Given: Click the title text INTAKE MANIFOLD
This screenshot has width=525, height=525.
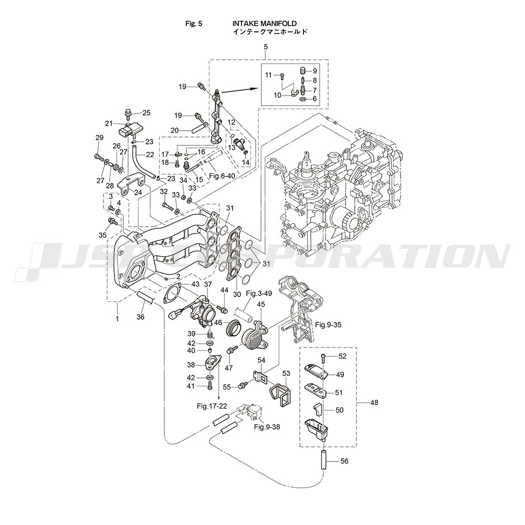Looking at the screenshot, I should coord(265,24).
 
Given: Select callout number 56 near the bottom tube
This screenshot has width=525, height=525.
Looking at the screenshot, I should coord(344,461).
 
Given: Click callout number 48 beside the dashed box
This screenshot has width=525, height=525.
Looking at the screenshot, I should coord(373,403).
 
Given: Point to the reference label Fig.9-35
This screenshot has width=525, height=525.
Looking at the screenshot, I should coord(329,325).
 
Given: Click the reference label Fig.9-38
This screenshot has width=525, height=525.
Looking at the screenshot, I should coord(267,427).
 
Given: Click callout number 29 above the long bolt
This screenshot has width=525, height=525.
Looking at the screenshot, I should coord(99,138).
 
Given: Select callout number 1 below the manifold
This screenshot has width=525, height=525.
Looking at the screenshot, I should coord(117,318).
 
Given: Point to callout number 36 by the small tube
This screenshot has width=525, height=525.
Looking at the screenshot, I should coord(140,317).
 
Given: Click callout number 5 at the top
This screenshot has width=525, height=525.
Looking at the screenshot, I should coord(266,47).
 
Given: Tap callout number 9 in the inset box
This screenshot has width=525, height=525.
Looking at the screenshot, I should coord(314,71).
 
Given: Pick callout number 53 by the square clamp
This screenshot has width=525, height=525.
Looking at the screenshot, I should coord(286,373).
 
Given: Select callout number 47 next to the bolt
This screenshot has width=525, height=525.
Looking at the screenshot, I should coord(228,368).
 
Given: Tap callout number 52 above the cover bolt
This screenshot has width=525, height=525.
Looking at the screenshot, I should coord(342,356).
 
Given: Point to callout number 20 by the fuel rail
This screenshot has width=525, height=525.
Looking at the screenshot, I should coord(175,130).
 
